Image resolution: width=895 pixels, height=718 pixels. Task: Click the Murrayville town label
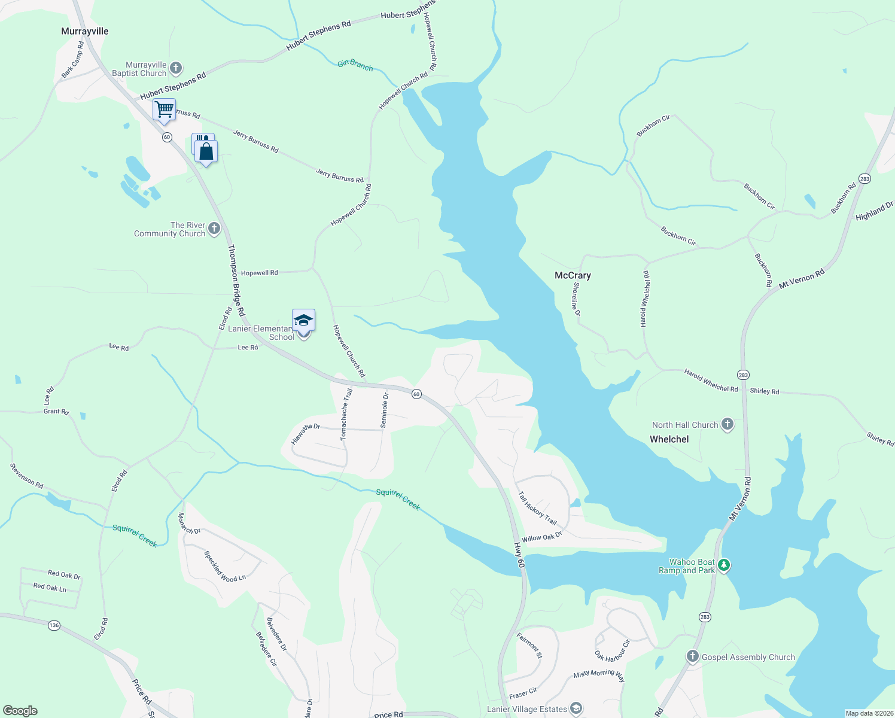click(x=85, y=31)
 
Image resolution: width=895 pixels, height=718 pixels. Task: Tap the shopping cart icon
click(x=164, y=109)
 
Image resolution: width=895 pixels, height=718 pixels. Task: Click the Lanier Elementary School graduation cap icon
click(x=303, y=320)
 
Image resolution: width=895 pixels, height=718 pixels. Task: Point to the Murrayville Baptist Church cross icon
click(x=176, y=68)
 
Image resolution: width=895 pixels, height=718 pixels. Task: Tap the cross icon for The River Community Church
click(x=214, y=229)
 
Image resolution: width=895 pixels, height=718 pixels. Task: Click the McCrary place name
click(x=573, y=275)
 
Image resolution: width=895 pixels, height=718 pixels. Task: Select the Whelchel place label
click(x=669, y=439)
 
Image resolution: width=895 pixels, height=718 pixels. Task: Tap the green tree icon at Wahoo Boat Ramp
click(x=724, y=565)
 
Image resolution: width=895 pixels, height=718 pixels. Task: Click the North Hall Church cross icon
click(x=727, y=425)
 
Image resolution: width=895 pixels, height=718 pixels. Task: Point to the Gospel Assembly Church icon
click(x=693, y=656)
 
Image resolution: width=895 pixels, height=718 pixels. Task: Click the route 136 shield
click(x=54, y=625)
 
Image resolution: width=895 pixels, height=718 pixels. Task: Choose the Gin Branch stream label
click(x=355, y=65)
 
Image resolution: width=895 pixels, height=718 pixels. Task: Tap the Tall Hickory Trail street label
click(x=537, y=508)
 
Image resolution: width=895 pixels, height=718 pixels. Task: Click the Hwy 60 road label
click(x=519, y=555)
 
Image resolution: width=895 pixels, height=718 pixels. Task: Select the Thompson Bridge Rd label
click(x=236, y=280)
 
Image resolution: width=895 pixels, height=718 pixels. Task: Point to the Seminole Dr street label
click(x=385, y=410)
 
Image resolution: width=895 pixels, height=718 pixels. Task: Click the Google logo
click(x=20, y=711)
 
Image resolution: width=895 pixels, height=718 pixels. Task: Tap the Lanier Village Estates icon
click(x=576, y=709)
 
